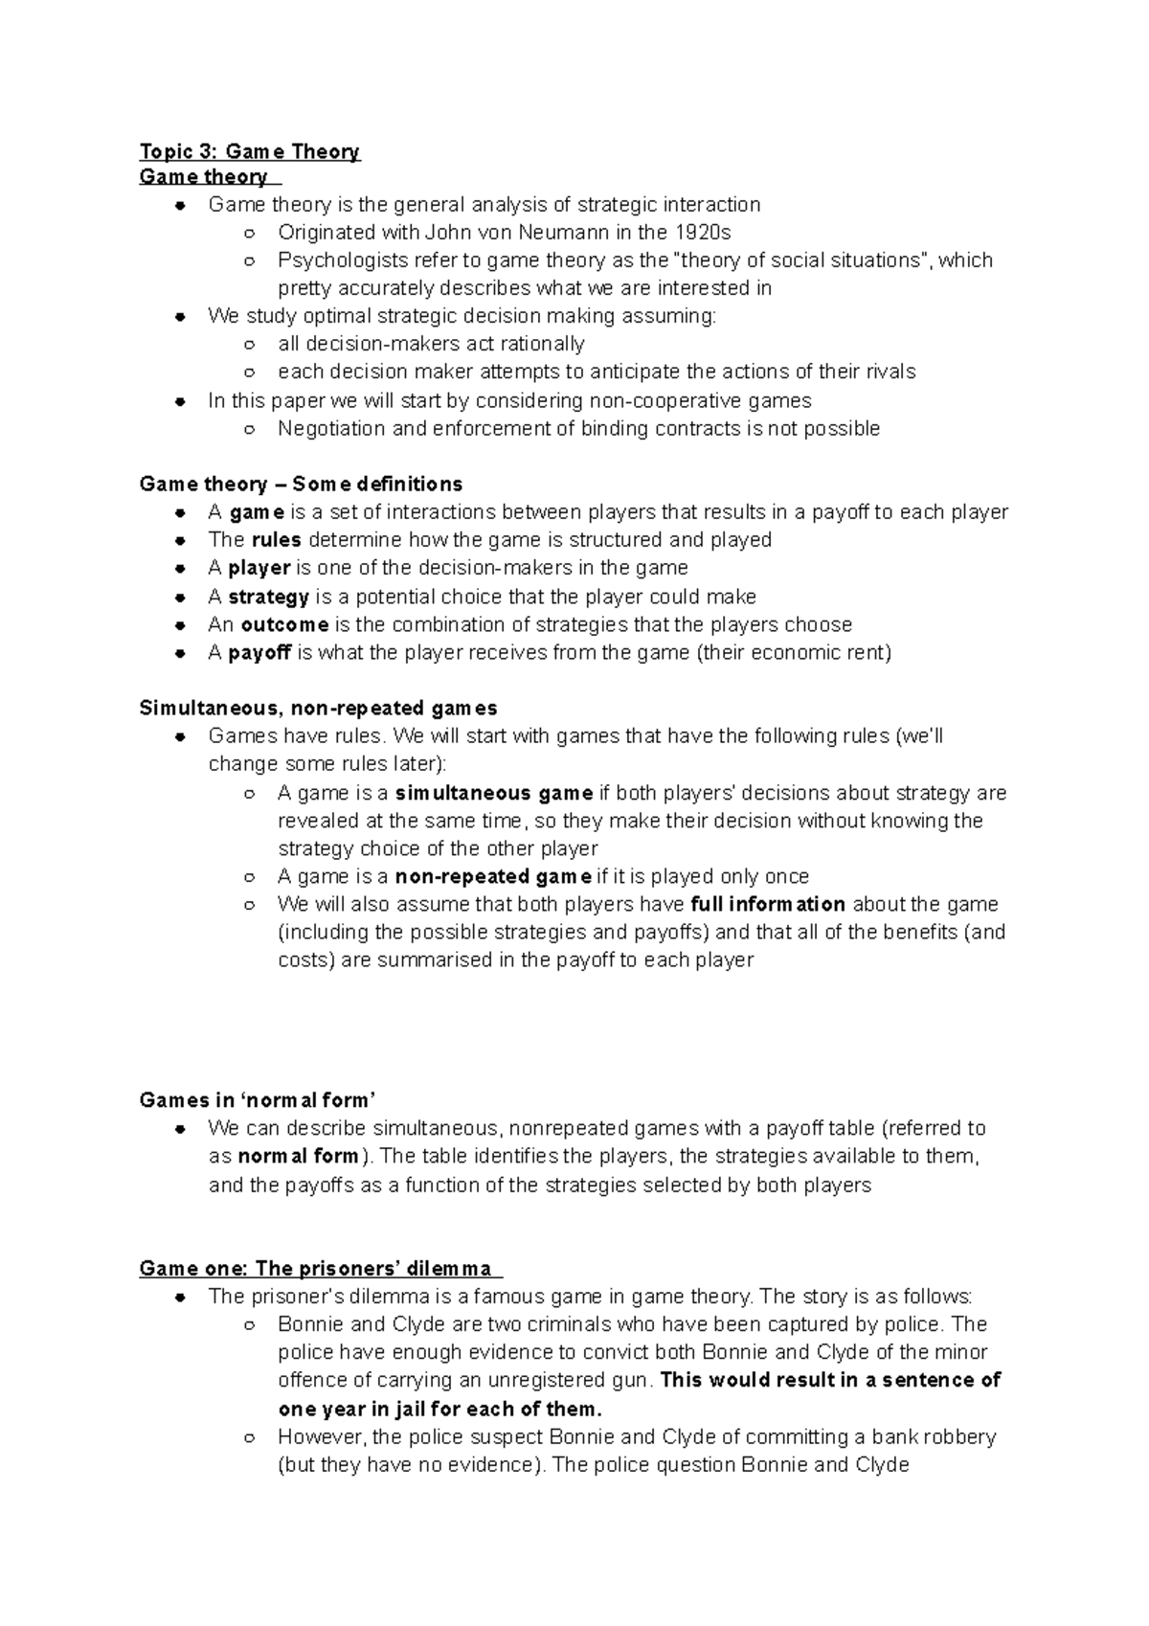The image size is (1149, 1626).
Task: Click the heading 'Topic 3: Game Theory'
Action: click(249, 151)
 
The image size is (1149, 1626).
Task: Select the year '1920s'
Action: click(702, 232)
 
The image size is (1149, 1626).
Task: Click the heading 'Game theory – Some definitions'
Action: click(301, 484)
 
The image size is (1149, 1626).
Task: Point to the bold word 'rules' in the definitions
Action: click(276, 540)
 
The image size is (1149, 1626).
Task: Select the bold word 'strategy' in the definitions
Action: click(268, 597)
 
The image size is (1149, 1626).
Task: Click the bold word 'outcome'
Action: click(284, 624)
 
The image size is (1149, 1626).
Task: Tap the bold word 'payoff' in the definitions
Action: click(259, 653)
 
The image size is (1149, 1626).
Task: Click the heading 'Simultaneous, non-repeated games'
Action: click(318, 709)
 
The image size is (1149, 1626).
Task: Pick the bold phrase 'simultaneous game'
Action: click(493, 793)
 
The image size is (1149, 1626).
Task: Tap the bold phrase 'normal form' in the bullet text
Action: click(298, 1157)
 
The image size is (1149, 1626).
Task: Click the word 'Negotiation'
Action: click(331, 428)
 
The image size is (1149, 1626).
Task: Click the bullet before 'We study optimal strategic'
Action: click(179, 317)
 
